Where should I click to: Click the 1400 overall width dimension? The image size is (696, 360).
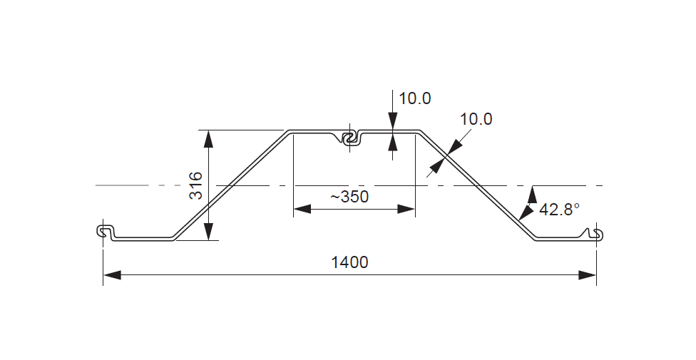pyautogui.click(x=349, y=262)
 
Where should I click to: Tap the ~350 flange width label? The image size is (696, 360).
pyautogui.click(x=349, y=197)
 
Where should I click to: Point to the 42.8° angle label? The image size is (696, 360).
pyautogui.click(x=560, y=210)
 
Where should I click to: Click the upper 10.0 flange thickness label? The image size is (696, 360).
pyautogui.click(x=414, y=98)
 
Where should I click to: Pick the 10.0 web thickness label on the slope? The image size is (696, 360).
pyautogui.click(x=476, y=119)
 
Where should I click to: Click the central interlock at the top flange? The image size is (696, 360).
pyautogui.click(x=349, y=138)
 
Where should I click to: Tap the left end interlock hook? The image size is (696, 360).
pyautogui.click(x=104, y=231)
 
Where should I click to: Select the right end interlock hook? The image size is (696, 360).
pyautogui.click(x=595, y=233)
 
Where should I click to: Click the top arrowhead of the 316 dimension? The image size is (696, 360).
pyautogui.click(x=208, y=138)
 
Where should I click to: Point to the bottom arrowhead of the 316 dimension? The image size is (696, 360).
pyautogui.click(x=208, y=232)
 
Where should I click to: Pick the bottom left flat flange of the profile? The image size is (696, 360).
pyautogui.click(x=143, y=238)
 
